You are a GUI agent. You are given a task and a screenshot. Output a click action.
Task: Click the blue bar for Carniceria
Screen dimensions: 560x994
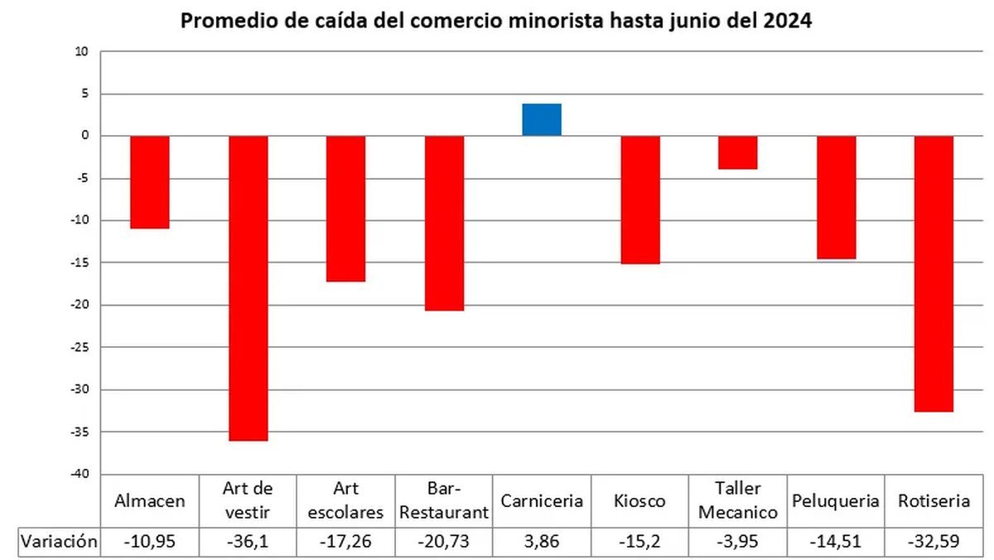click(x=542, y=119)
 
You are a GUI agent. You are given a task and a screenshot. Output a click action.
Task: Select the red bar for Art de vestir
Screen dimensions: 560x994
click(x=248, y=287)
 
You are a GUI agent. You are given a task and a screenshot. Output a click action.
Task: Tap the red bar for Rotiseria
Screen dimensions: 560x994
click(x=934, y=273)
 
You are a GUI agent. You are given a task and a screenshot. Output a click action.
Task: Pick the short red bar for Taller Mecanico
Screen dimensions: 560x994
click(x=737, y=152)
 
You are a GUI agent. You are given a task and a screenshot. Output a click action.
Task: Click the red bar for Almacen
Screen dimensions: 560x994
click(x=150, y=181)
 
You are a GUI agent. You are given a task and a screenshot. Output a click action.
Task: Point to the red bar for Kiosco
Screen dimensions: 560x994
click(x=640, y=200)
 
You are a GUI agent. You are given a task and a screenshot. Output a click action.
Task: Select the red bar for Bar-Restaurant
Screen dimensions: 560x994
click(x=444, y=223)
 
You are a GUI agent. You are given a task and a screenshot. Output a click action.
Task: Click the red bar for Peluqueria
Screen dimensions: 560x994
click(x=836, y=197)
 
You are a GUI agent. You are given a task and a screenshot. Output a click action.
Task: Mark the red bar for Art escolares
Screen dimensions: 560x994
click(x=345, y=209)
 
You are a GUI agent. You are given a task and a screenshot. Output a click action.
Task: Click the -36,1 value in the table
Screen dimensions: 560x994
click(x=248, y=543)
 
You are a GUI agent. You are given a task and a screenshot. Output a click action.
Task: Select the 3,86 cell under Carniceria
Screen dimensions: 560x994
click(x=542, y=543)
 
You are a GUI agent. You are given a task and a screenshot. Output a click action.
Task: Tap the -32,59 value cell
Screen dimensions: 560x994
click(x=934, y=543)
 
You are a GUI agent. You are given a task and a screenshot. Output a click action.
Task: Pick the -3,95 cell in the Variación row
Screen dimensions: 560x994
click(x=737, y=543)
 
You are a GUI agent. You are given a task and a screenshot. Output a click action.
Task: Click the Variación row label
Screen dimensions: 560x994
click(x=59, y=543)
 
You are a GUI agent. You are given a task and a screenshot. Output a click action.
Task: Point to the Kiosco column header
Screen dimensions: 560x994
click(x=640, y=501)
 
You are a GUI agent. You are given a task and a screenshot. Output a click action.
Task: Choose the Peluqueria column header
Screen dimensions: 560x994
click(x=836, y=501)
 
